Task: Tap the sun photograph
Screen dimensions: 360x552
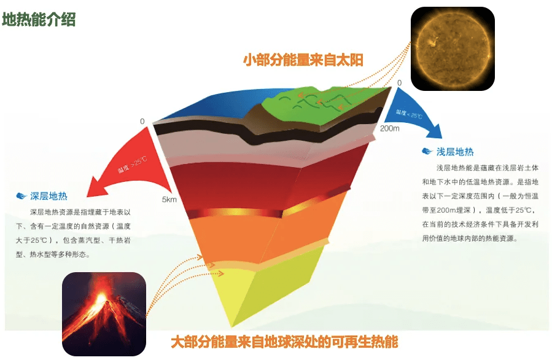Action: pyautogui.click(x=453, y=49)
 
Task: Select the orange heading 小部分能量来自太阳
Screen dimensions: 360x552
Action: pyautogui.click(x=303, y=60)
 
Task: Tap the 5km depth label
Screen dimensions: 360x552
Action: pyautogui.click(x=169, y=200)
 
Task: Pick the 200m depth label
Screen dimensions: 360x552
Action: pyautogui.click(x=389, y=128)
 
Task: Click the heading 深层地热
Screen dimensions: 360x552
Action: pyautogui.click(x=49, y=197)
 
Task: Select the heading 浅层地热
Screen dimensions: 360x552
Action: pyautogui.click(x=455, y=152)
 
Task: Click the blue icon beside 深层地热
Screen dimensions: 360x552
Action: pyautogui.click(x=21, y=197)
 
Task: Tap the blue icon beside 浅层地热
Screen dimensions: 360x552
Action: pyautogui.click(x=427, y=152)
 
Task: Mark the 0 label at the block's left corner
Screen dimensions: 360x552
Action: pyautogui.click(x=142, y=122)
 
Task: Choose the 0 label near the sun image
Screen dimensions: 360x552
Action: pyautogui.click(x=399, y=83)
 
